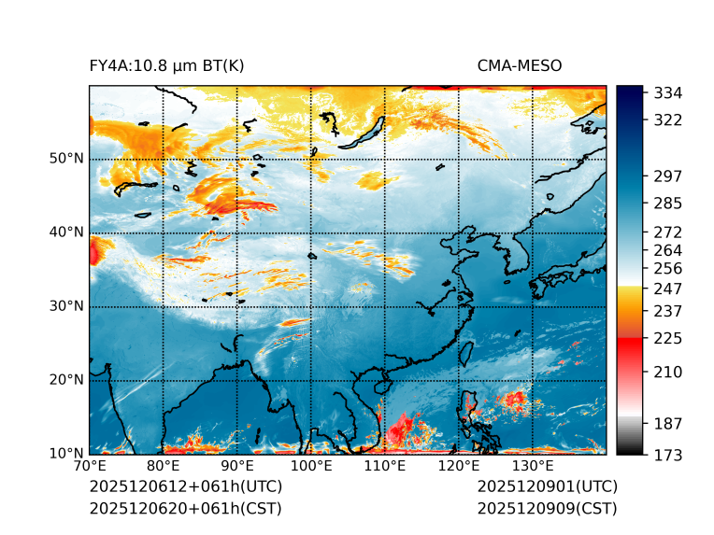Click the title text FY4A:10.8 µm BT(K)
(x=166, y=65)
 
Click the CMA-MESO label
(x=519, y=65)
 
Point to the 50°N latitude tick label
(x=66, y=159)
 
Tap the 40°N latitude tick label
(x=66, y=232)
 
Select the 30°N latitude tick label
(x=66, y=306)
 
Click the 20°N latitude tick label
(x=66, y=380)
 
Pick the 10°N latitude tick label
(x=66, y=454)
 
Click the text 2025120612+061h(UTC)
(x=185, y=487)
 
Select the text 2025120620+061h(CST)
(x=185, y=509)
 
